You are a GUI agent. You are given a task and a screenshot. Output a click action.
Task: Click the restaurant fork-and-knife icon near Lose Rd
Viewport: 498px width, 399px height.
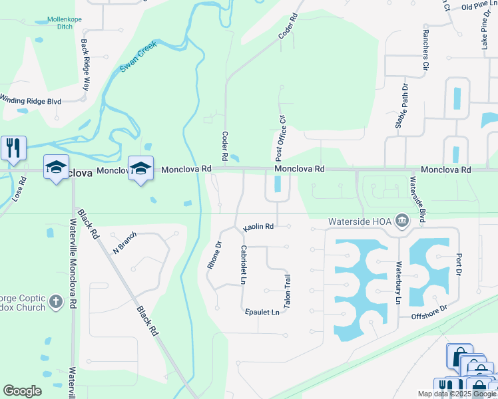(13, 148)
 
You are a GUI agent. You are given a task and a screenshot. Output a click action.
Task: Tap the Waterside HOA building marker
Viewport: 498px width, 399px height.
(402, 221)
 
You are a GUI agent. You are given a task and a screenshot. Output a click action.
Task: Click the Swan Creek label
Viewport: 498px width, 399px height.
(138, 60)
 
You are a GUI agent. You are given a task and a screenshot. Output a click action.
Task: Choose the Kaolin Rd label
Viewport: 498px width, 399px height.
(259, 227)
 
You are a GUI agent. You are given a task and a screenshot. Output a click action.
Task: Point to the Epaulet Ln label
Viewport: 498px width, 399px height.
(262, 312)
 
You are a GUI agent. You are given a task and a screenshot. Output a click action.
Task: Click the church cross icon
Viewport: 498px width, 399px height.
(57, 302)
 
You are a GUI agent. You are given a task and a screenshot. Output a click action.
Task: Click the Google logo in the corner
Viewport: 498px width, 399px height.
(22, 391)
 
